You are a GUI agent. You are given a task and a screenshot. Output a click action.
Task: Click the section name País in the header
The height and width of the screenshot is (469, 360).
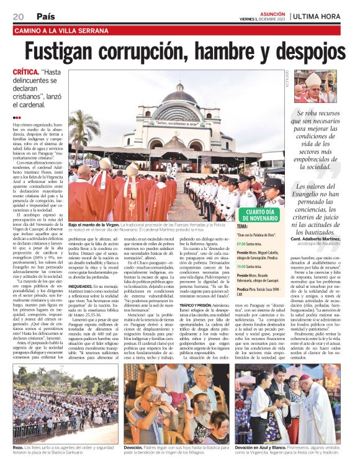point(45,16)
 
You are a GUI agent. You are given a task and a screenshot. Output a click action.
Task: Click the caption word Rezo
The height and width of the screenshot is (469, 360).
point(19,447)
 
